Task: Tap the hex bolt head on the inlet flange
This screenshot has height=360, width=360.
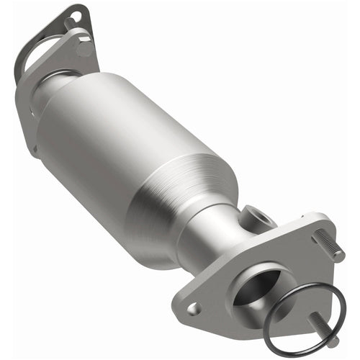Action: (84, 48)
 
